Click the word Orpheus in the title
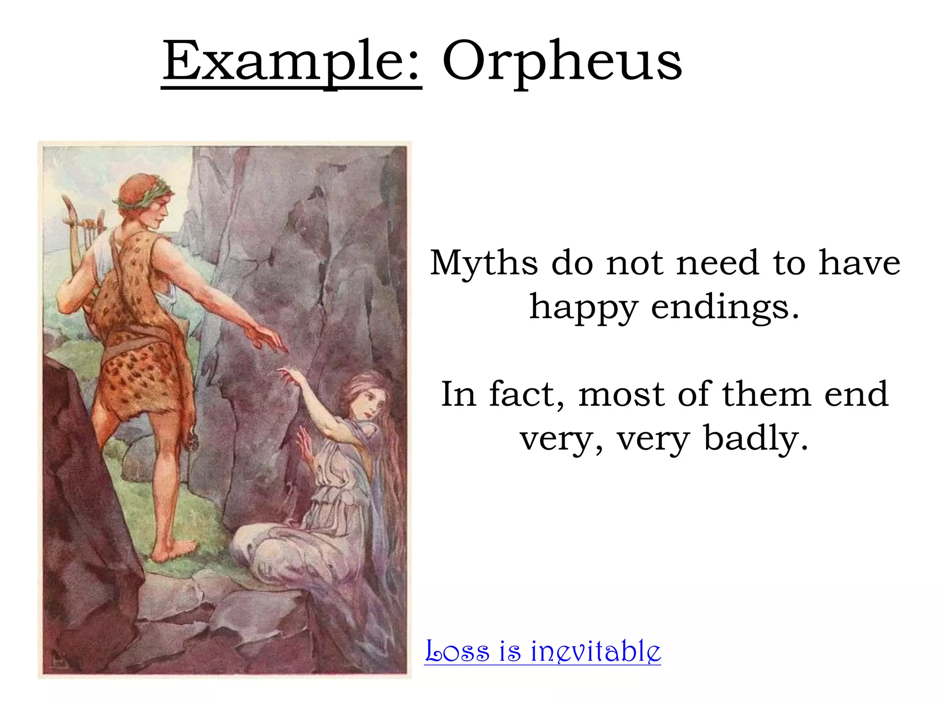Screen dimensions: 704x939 (x=562, y=62)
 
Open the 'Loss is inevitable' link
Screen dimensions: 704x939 (x=542, y=651)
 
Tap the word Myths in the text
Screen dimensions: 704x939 (x=484, y=263)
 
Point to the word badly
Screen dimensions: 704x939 (x=755, y=438)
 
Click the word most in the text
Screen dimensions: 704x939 (x=621, y=394)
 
